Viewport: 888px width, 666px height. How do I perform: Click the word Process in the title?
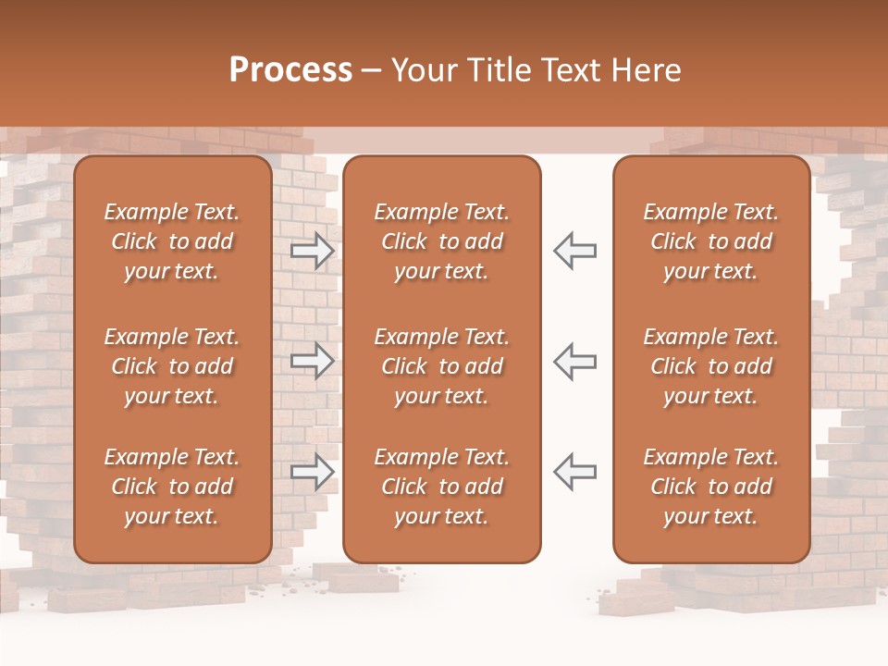click(x=290, y=70)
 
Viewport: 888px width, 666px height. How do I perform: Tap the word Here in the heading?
click(x=647, y=70)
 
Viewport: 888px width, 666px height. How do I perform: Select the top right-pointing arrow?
click(x=312, y=251)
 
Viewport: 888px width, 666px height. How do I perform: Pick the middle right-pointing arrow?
click(x=312, y=361)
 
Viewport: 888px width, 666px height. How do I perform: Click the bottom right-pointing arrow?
click(x=312, y=472)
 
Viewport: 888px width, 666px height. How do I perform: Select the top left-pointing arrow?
click(x=575, y=251)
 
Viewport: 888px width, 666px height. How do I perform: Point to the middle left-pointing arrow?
click(x=575, y=361)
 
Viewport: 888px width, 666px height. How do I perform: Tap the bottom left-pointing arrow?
click(x=575, y=472)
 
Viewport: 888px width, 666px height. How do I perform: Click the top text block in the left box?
click(x=172, y=241)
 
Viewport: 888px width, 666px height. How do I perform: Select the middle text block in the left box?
click(x=172, y=366)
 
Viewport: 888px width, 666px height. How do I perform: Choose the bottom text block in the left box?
click(x=172, y=487)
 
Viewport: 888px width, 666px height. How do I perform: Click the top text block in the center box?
click(x=442, y=241)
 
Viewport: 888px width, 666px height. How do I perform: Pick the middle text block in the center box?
click(x=442, y=366)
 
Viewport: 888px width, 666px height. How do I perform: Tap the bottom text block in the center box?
click(x=442, y=487)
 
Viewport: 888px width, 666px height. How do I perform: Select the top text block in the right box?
click(x=711, y=241)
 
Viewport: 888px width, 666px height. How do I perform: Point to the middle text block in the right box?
click(x=711, y=366)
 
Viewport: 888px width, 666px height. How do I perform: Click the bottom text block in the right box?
click(x=711, y=487)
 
